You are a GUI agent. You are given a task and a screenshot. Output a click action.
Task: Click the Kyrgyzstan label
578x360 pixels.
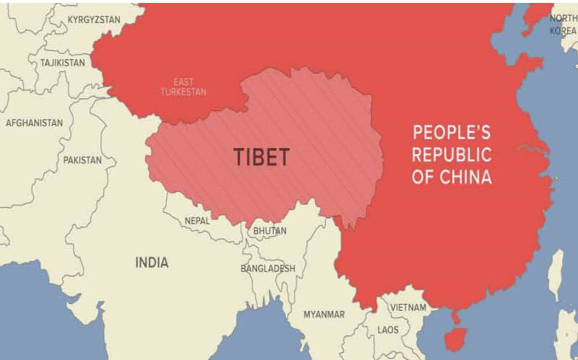pyautogui.click(x=94, y=20)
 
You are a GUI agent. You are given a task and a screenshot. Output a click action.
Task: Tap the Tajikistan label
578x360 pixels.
pyautogui.click(x=62, y=63)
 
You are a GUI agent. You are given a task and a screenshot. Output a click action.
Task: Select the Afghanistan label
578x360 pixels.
pyautogui.click(x=34, y=123)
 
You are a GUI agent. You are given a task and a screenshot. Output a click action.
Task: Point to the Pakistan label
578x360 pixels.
pyautogui.click(x=82, y=160)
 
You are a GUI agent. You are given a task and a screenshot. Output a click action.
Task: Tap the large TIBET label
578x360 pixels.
pyautogui.click(x=261, y=157)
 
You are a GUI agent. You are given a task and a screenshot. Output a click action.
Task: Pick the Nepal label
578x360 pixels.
pyautogui.click(x=197, y=220)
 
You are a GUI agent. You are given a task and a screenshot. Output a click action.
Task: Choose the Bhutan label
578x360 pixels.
pyautogui.click(x=270, y=231)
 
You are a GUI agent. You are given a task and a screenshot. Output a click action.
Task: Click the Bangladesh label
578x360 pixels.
pyautogui.click(x=268, y=268)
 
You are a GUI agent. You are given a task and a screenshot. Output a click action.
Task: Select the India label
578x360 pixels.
pyautogui.click(x=151, y=263)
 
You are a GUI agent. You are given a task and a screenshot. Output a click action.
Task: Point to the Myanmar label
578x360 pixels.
pyautogui.click(x=324, y=314)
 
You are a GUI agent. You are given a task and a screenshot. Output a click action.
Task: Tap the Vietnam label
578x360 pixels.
pyautogui.click(x=408, y=307)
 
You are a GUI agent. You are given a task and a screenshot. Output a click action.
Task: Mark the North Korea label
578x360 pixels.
pyautogui.click(x=562, y=25)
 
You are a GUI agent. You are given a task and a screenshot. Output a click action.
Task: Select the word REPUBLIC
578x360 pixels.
pyautogui.click(x=451, y=155)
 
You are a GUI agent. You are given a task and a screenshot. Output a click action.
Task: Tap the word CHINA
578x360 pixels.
pyautogui.click(x=466, y=177)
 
